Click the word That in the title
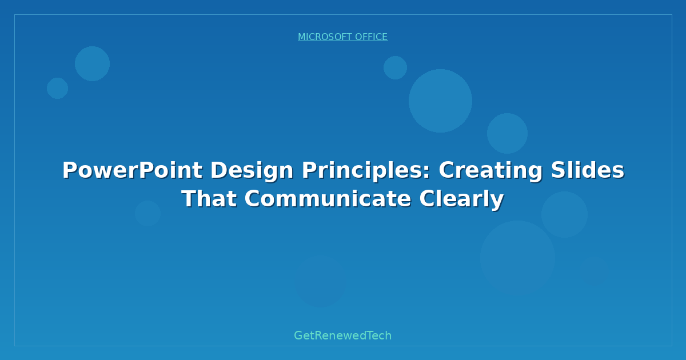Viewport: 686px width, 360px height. coord(209,199)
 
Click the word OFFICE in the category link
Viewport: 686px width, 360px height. coord(371,37)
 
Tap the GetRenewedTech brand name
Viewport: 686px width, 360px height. coord(343,335)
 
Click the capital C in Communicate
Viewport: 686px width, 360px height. coord(253,199)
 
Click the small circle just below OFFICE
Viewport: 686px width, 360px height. coord(395,67)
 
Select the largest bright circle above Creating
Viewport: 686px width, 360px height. coord(440,101)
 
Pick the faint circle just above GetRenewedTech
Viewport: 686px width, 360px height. coord(321,281)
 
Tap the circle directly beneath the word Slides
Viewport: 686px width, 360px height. coord(564,214)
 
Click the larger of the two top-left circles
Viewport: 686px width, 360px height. coord(92,63)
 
